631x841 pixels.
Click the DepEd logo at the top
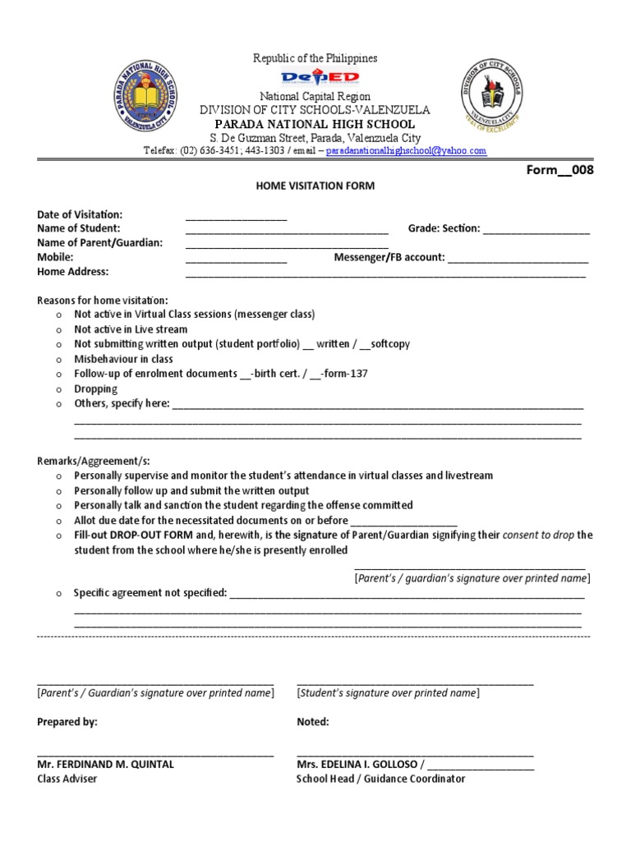tap(320, 78)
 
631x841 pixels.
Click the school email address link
tap(406, 151)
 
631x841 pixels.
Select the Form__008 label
tap(559, 171)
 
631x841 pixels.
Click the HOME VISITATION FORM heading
tap(315, 186)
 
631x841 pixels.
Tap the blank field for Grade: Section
tap(536, 229)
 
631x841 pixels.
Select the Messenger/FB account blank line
tap(518, 258)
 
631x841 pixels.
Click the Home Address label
tap(72, 272)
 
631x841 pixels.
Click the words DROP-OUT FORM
tap(154, 535)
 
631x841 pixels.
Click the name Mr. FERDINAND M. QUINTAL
tap(105, 764)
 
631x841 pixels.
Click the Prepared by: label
tap(67, 722)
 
